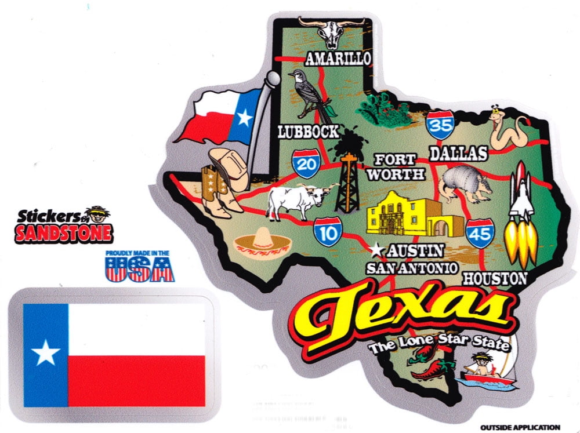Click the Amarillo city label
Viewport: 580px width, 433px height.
[337, 58]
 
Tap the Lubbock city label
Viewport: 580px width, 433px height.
[307, 132]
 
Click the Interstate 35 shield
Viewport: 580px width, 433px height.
[438, 123]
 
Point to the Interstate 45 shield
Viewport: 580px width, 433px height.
[479, 233]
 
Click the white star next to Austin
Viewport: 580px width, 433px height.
[377, 251]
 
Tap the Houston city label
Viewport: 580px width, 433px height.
[495, 278]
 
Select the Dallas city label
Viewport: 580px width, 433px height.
[458, 153]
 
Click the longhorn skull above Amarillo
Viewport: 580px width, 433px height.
[331, 31]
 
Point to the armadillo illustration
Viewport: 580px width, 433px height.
[464, 184]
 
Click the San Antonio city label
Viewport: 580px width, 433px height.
[412, 268]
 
